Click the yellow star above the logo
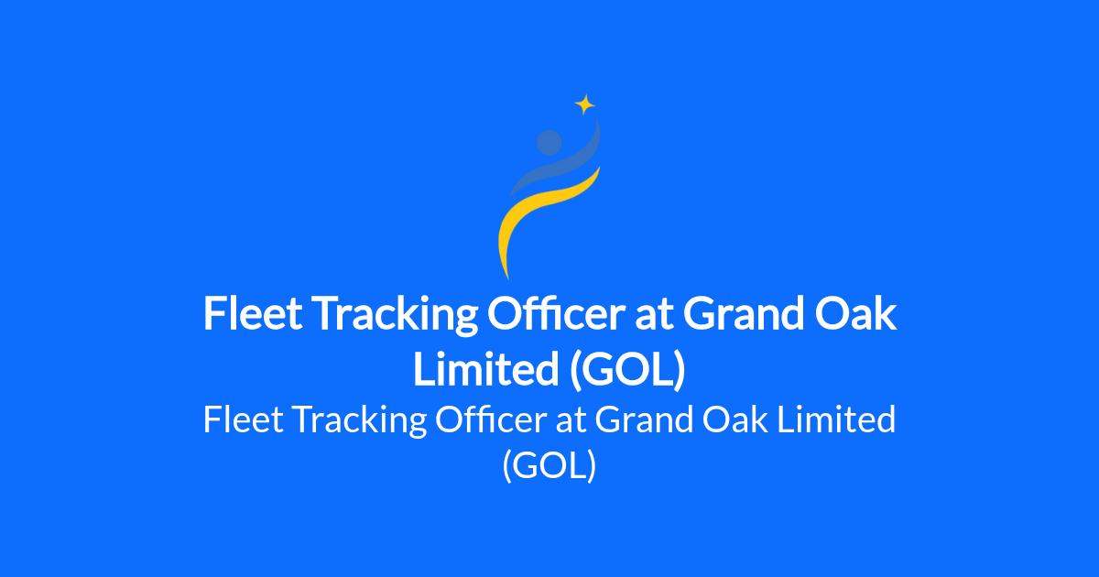click(x=585, y=104)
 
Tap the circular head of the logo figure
click(x=549, y=142)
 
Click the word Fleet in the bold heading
click(x=253, y=314)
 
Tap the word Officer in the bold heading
click(x=555, y=314)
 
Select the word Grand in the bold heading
click(x=744, y=314)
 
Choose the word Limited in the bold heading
click(x=485, y=368)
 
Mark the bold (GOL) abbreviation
click(x=627, y=370)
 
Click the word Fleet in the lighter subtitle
click(x=244, y=419)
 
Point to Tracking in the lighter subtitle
click(x=360, y=421)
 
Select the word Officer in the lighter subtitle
click(x=491, y=419)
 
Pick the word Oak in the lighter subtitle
click(x=734, y=419)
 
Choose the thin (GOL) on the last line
click(x=549, y=465)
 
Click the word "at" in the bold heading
click(x=654, y=317)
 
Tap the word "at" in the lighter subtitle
click(x=571, y=421)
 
